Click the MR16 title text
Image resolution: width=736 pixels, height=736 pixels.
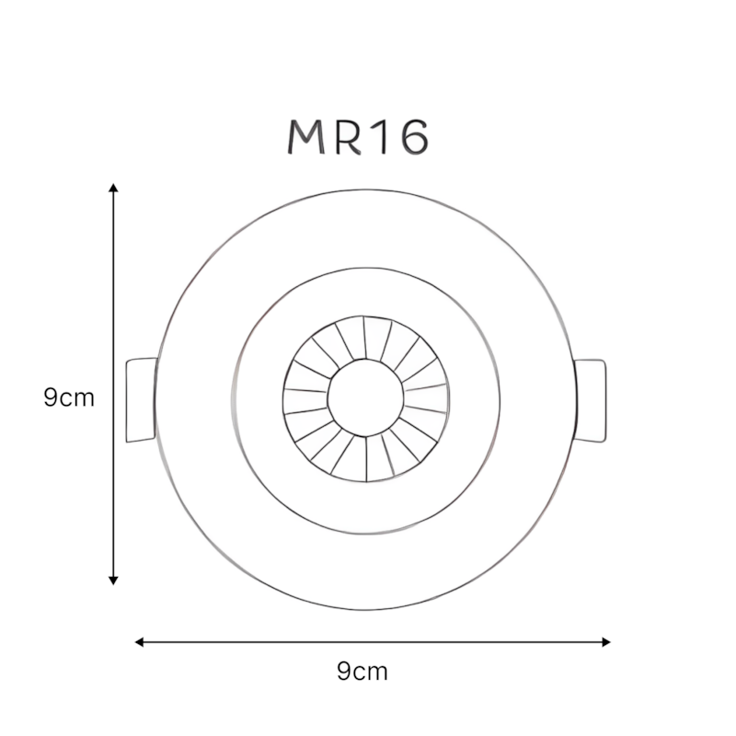point(358,136)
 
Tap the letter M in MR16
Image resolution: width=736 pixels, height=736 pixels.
point(306,136)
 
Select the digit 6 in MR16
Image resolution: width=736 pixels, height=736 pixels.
point(415,136)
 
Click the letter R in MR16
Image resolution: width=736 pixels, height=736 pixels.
point(350,136)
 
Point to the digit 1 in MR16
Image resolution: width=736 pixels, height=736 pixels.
point(381,136)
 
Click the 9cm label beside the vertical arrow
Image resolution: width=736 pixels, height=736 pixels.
point(69,397)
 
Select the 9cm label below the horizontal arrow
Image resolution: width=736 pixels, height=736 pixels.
point(362,672)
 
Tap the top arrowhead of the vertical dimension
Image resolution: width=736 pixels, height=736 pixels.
point(113,188)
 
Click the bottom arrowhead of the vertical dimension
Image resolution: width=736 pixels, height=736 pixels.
point(113,581)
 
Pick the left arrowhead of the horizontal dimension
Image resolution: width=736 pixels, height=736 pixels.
point(140,641)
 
